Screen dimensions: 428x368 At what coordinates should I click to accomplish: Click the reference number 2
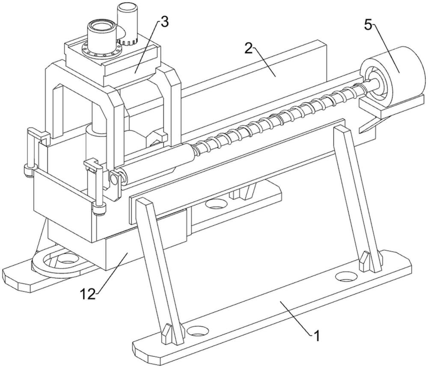248,49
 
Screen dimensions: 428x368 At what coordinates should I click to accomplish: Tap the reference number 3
164,22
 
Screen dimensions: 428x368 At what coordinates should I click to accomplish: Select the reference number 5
368,26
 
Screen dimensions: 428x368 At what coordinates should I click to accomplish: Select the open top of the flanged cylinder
101,26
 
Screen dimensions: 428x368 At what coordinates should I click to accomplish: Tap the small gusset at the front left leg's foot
166,334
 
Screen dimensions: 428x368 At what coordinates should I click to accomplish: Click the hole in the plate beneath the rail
216,203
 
